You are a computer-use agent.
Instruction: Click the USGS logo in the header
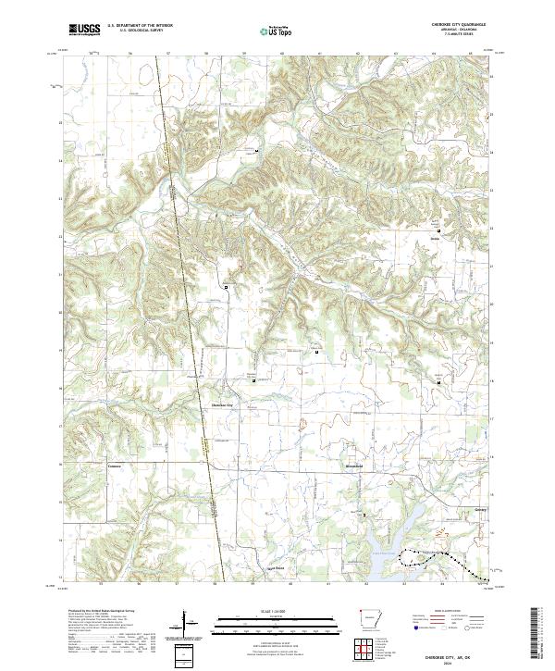pyautogui.click(x=84, y=30)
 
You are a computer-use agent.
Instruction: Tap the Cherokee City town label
pyautogui.click(x=226, y=404)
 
